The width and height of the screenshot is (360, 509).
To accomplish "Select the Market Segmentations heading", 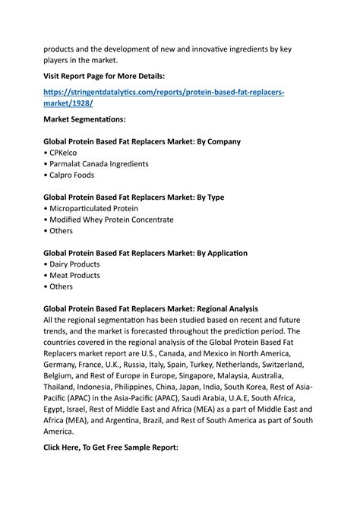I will pos(84,119).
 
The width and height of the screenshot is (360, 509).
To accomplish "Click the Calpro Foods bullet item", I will pos(73,175).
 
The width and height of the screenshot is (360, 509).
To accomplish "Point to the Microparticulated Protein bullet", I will pos(93,208).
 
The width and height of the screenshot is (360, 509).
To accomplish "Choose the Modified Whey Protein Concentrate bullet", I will pos(111,220).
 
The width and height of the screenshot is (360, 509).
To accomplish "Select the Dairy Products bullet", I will pos(74,264).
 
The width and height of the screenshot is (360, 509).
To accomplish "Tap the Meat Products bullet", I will pos(74,276).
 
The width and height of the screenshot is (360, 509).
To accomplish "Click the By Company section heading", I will pos(142,141).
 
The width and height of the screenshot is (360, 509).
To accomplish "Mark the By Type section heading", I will pos(134,198).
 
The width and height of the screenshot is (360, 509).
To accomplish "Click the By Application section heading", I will pos(146,253).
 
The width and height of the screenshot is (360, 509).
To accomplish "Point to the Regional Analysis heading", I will pos(151,309).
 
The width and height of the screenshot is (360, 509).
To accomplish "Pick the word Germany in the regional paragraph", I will pos(63,364).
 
